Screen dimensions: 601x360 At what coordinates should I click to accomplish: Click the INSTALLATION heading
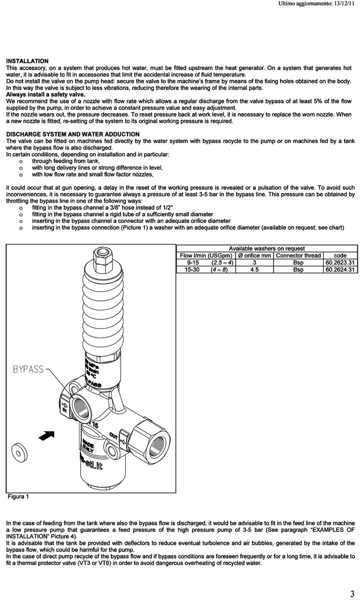point(27,61)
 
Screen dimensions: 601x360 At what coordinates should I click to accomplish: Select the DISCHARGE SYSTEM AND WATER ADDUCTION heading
point(73,134)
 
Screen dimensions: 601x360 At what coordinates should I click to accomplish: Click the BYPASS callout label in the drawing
point(28,369)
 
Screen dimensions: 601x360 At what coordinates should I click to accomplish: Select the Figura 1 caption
point(18,496)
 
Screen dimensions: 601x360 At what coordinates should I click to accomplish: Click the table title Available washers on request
point(267,248)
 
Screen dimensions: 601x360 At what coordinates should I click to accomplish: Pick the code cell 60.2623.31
point(341,263)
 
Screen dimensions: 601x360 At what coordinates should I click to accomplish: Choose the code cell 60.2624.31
point(341,270)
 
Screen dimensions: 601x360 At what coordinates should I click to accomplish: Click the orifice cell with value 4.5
point(254,270)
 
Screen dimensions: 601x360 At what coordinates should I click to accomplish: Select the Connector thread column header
point(298,256)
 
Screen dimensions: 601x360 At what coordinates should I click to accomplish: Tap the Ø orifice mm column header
point(254,256)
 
